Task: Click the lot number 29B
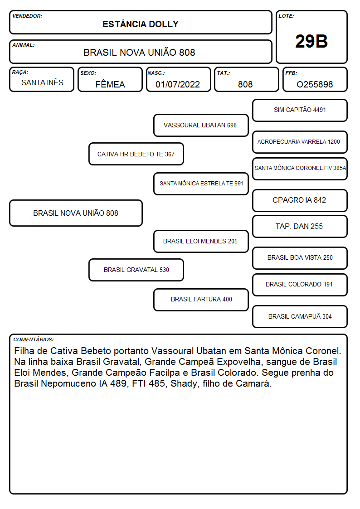click(311, 41)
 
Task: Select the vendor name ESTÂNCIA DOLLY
click(141, 24)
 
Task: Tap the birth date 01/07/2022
click(178, 84)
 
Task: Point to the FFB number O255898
click(315, 84)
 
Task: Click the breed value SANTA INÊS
click(42, 82)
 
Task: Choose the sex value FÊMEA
click(110, 84)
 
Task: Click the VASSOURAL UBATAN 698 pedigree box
click(201, 125)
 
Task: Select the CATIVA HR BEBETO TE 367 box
click(136, 154)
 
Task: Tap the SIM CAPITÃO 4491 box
click(300, 111)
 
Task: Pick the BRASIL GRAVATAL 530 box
click(136, 270)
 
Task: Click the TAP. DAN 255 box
click(300, 226)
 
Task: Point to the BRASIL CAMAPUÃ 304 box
click(300, 316)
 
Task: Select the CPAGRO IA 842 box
click(300, 200)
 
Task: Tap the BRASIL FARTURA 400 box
click(201, 300)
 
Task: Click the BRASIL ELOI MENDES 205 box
click(201, 241)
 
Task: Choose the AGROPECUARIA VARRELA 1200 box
click(300, 142)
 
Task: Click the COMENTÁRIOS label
click(34, 339)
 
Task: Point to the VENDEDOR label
click(27, 16)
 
